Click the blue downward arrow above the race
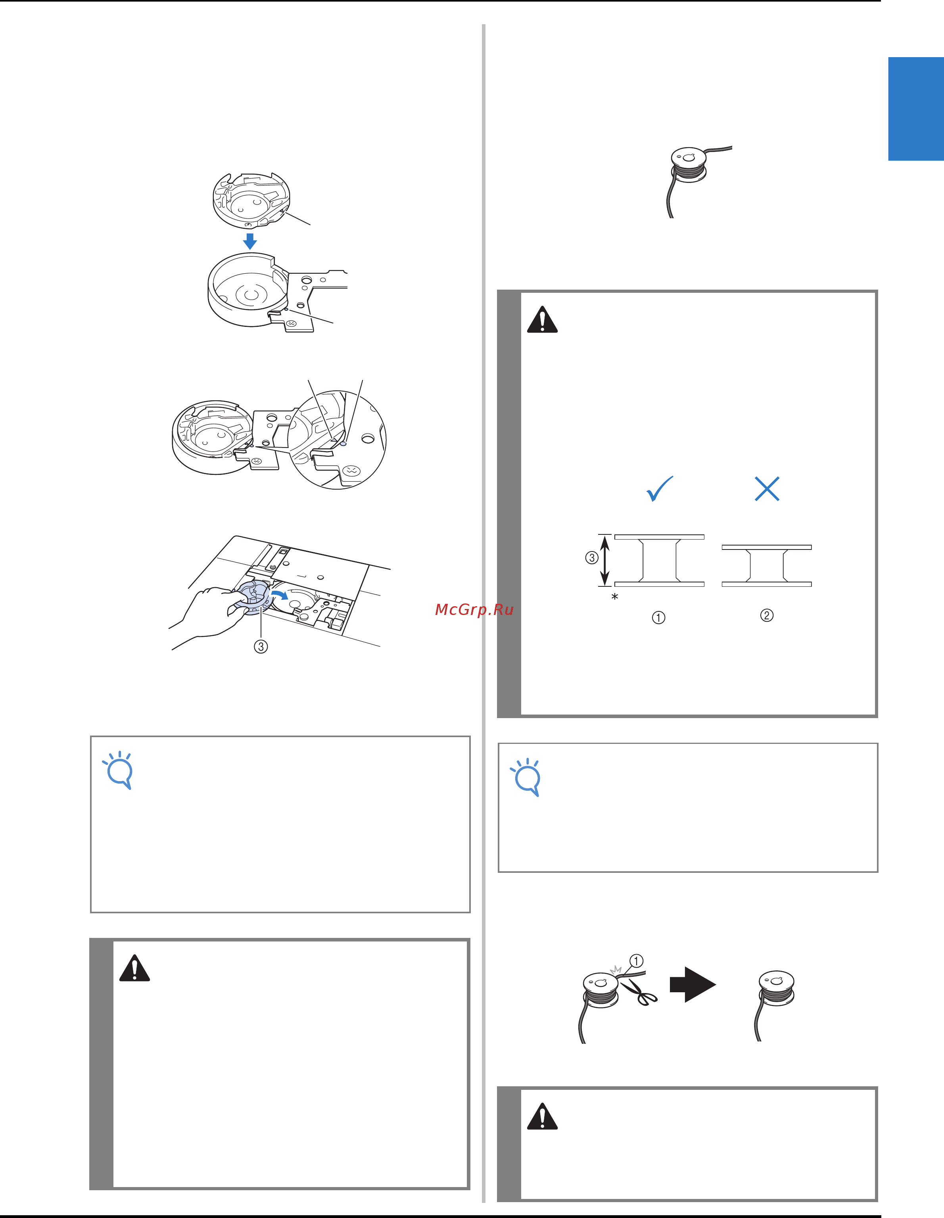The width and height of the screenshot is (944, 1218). tap(250, 241)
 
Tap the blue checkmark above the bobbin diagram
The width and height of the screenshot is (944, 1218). tap(659, 489)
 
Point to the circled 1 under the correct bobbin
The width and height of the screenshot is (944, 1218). tap(658, 617)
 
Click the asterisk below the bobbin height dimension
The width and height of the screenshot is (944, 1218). tap(615, 597)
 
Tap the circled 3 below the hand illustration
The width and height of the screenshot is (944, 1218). tap(261, 646)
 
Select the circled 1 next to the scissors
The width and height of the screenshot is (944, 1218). tap(636, 961)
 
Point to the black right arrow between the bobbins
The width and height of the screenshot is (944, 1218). tap(693, 984)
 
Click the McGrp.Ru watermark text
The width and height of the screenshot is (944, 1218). tap(474, 609)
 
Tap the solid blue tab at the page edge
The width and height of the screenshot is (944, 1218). tap(915, 109)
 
